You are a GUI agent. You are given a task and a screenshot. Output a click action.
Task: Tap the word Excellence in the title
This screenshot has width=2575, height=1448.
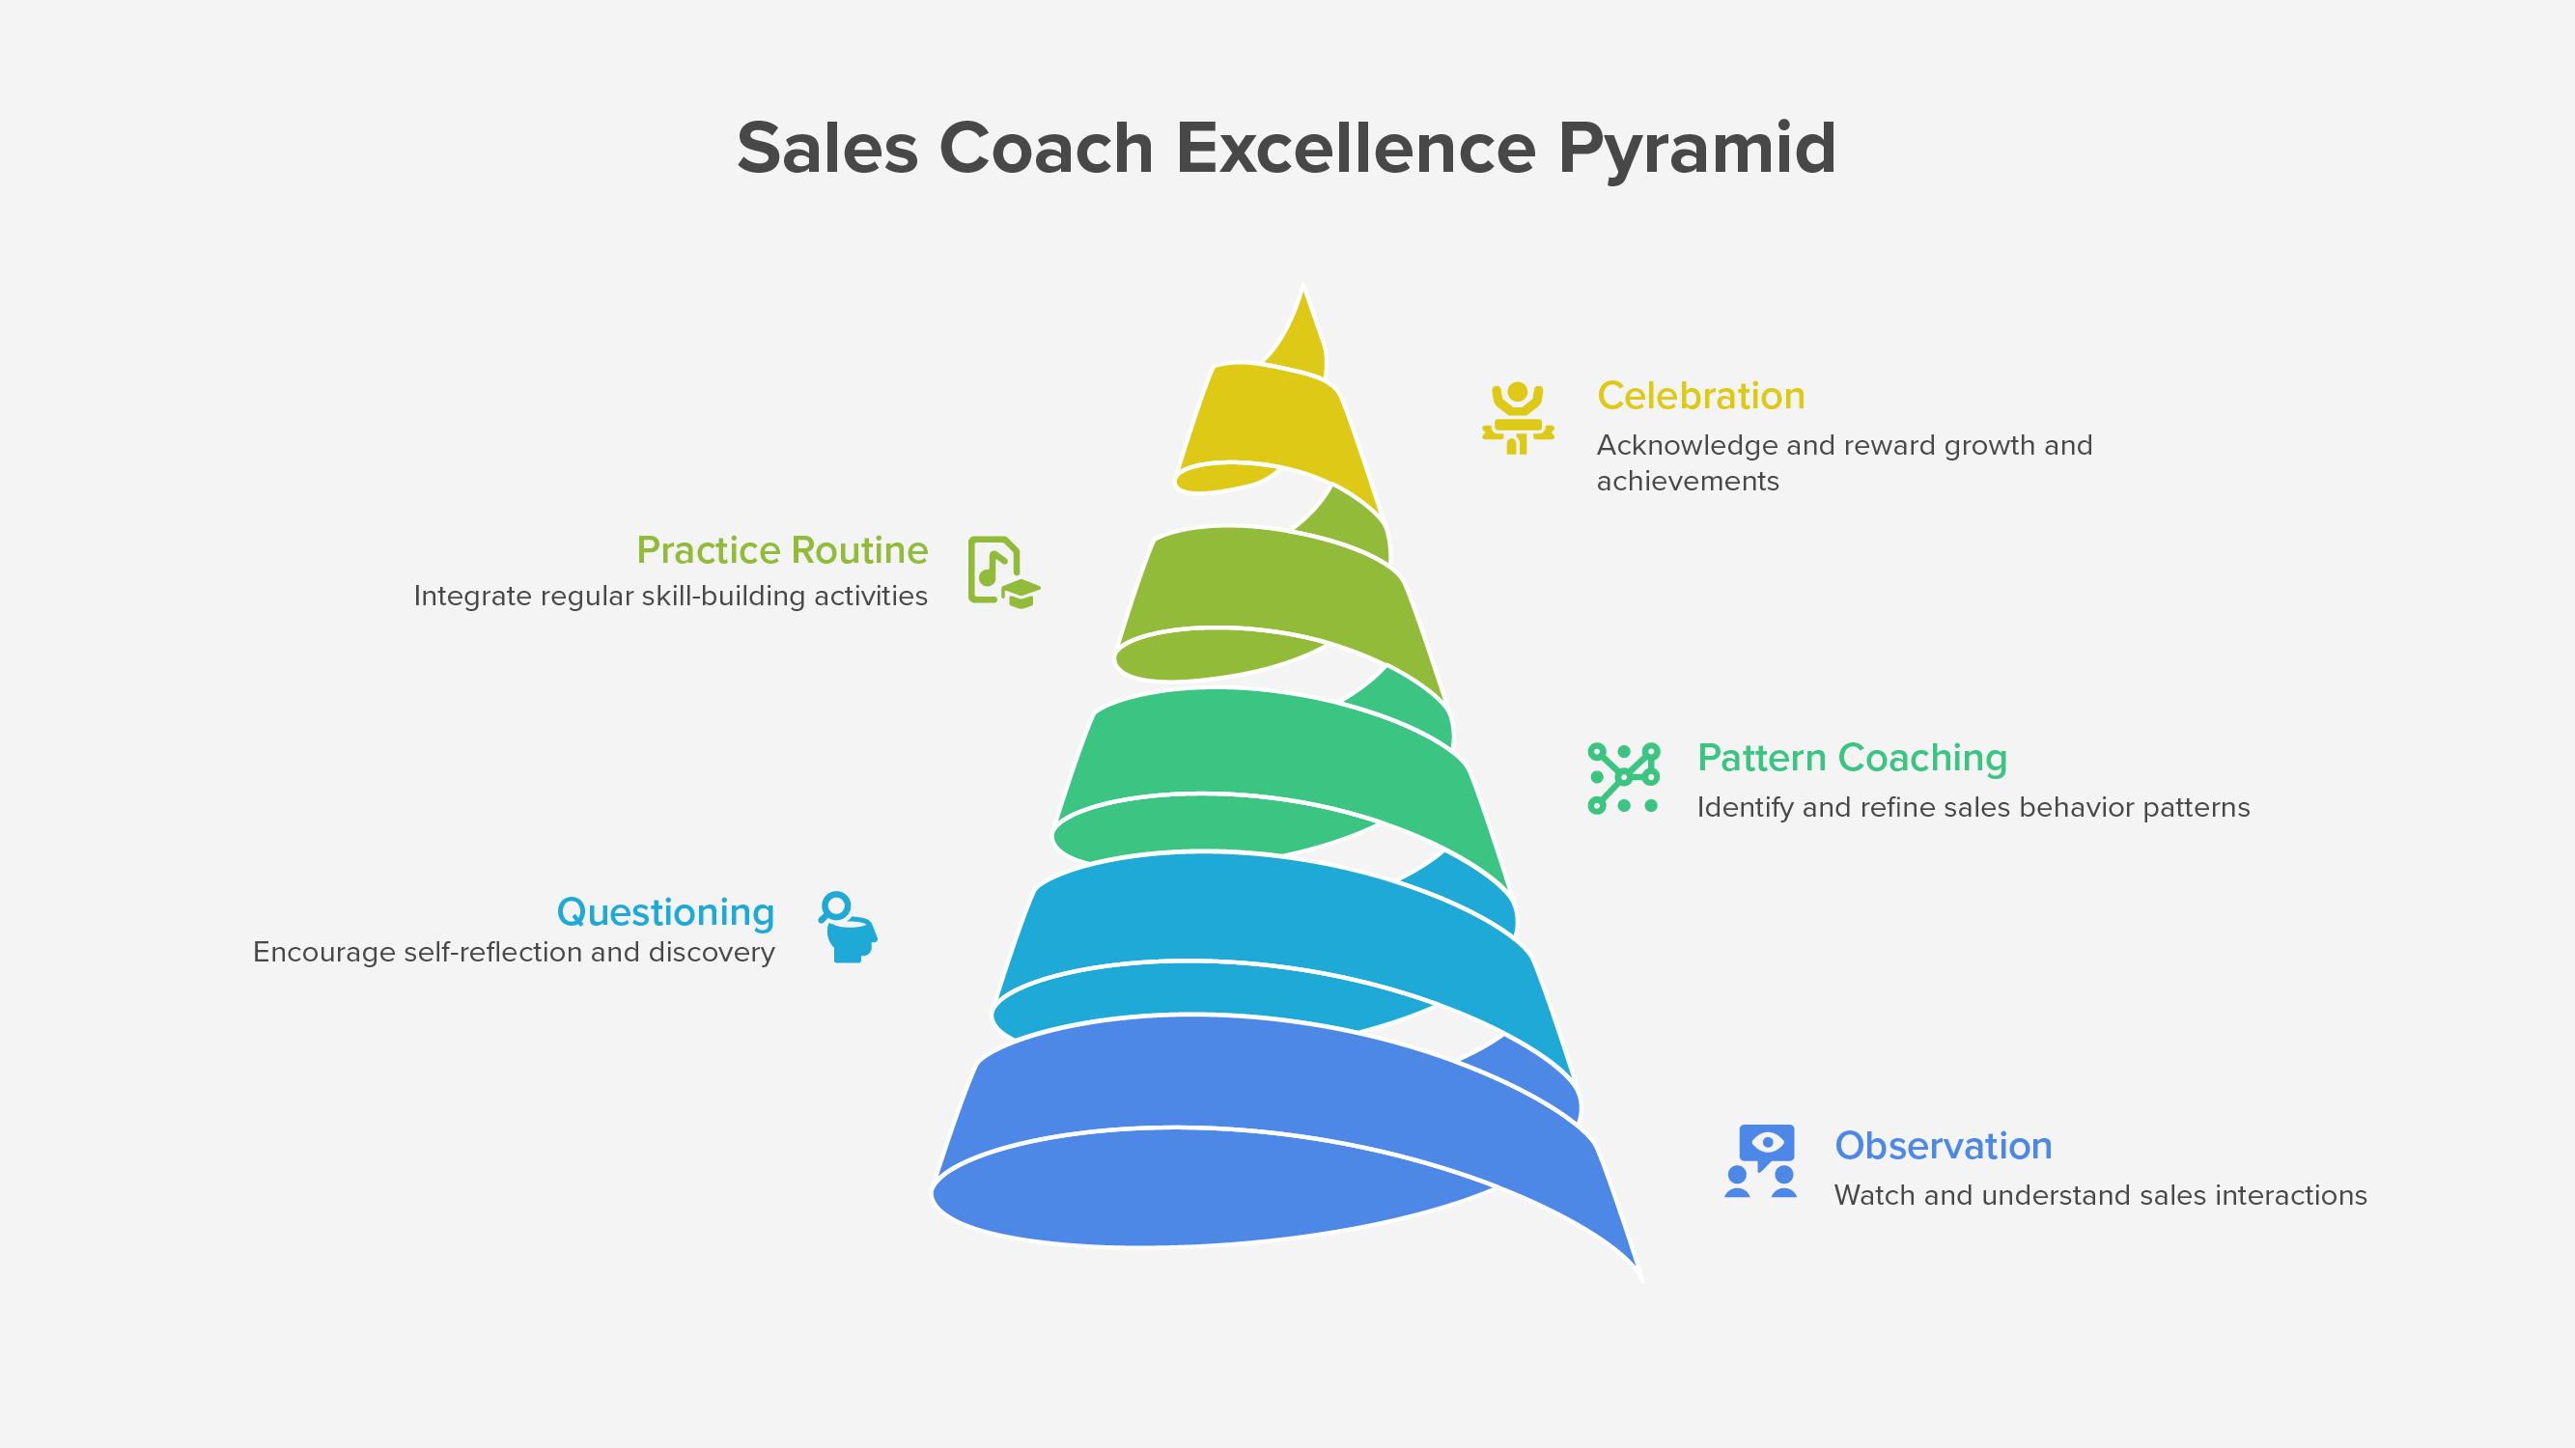(x=1355, y=148)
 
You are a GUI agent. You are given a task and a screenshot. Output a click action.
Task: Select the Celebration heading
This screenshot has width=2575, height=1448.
(x=1700, y=396)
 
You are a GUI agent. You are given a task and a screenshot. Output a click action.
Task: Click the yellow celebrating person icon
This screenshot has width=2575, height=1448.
(x=1518, y=418)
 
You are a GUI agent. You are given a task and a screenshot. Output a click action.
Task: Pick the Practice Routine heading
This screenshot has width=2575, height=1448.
(x=782, y=549)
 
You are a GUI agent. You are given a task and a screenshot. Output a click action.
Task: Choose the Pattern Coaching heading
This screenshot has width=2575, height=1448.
(x=1851, y=758)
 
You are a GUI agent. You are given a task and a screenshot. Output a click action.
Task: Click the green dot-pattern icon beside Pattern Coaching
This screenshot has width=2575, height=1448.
(x=1623, y=777)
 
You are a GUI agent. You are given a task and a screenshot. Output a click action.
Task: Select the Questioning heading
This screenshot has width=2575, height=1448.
(x=664, y=911)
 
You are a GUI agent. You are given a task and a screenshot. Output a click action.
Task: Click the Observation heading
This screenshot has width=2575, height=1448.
(x=1943, y=1145)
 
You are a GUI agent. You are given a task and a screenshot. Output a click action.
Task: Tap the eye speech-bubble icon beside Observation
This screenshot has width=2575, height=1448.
(x=1761, y=1160)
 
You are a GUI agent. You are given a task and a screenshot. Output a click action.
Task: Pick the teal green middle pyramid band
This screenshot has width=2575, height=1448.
(x=1260, y=744)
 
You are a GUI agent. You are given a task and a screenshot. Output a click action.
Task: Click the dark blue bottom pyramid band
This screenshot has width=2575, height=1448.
(x=1229, y=1079)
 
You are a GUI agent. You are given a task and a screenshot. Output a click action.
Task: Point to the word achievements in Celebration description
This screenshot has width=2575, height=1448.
(x=1688, y=481)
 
